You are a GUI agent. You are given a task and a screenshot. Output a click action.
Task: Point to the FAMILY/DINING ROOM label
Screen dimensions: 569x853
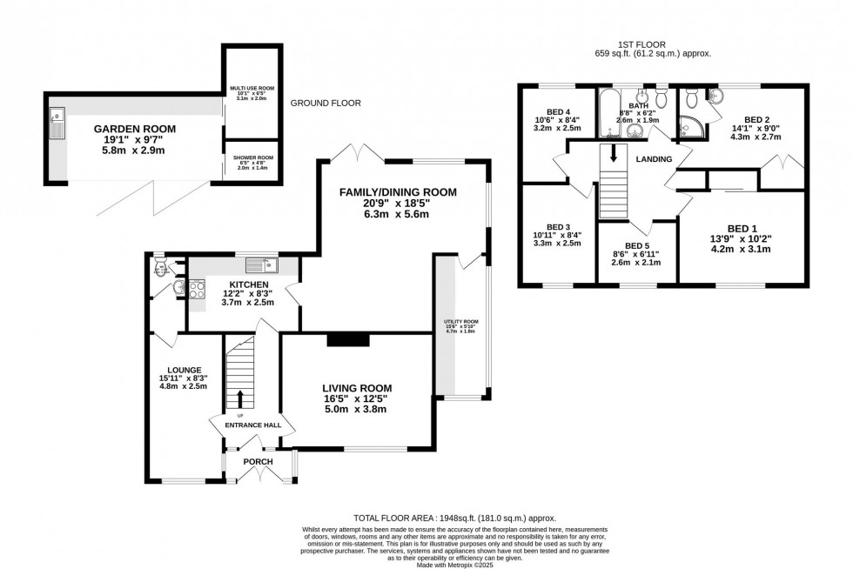pyautogui.click(x=399, y=192)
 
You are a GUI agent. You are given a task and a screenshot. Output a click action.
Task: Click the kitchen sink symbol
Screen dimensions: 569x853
pyautogui.click(x=261, y=264)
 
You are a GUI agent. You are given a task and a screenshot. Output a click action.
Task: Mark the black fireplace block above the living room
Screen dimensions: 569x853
pyautogui.click(x=346, y=341)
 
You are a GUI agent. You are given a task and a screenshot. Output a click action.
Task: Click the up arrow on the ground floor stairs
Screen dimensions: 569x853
pyautogui.click(x=240, y=398)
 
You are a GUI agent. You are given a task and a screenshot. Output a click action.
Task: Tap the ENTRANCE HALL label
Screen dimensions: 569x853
pyautogui.click(x=252, y=424)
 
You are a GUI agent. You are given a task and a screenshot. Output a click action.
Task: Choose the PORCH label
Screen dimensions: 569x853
pyautogui.click(x=258, y=461)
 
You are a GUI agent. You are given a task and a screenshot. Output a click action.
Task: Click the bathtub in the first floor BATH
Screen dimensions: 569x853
pyautogui.click(x=608, y=113)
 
